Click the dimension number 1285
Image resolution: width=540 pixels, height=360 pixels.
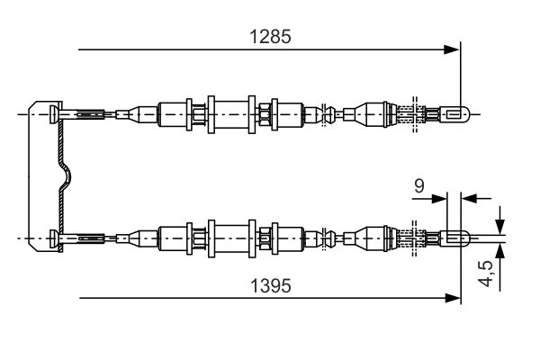point(270,37)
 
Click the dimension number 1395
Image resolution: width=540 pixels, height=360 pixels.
point(271,286)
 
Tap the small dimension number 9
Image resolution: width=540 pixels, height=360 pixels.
point(419,186)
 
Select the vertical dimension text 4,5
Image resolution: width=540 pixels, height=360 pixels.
point(486,274)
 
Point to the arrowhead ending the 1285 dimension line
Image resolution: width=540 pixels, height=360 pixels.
point(451,49)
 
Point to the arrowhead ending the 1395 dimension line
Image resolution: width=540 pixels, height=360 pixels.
point(453,298)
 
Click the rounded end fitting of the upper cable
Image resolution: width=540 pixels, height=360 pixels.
point(454,114)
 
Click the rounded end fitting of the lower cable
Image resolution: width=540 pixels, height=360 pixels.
point(454,238)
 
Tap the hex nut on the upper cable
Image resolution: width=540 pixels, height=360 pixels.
point(265,114)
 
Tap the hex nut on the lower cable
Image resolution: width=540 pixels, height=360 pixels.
point(265,238)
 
